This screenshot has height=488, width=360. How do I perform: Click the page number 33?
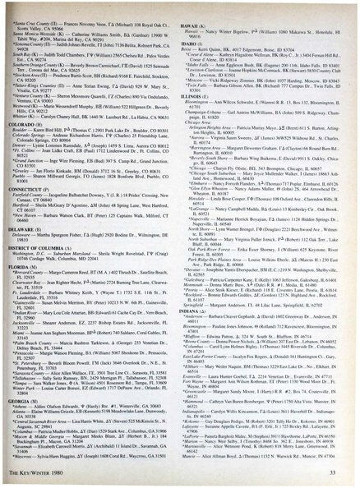(x=343, y=468)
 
